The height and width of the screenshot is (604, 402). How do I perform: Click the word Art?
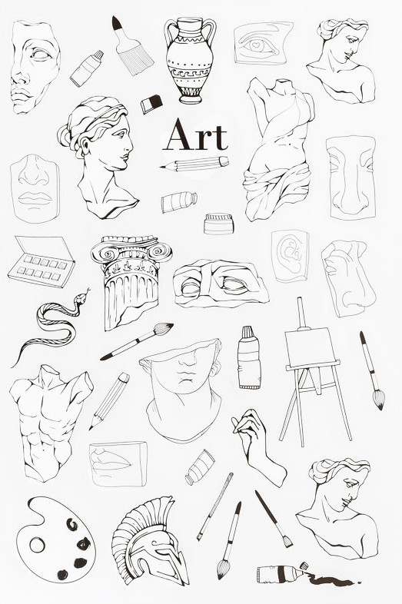[195, 134]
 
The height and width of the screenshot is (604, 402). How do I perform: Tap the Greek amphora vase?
[190, 61]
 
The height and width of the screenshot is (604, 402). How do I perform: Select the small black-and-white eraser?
[151, 104]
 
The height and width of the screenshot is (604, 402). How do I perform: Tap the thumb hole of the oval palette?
[37, 545]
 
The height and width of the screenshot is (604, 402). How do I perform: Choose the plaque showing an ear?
[291, 256]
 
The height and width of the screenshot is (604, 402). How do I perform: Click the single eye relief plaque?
[263, 43]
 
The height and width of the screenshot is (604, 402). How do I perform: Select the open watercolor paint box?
[42, 261]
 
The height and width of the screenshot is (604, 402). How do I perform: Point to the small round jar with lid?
[218, 224]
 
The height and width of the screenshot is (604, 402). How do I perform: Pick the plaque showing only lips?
[118, 464]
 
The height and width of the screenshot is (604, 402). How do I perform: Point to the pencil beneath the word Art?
[194, 164]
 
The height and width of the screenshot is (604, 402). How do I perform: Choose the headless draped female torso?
[279, 149]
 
